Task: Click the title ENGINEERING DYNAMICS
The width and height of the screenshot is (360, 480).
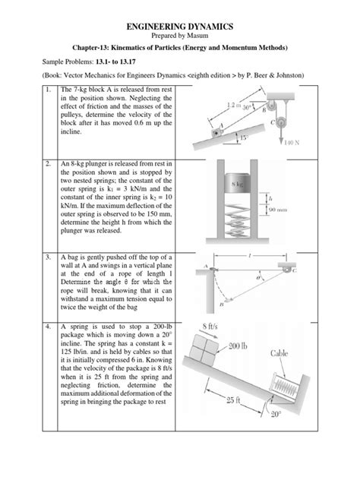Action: [x=179, y=27]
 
